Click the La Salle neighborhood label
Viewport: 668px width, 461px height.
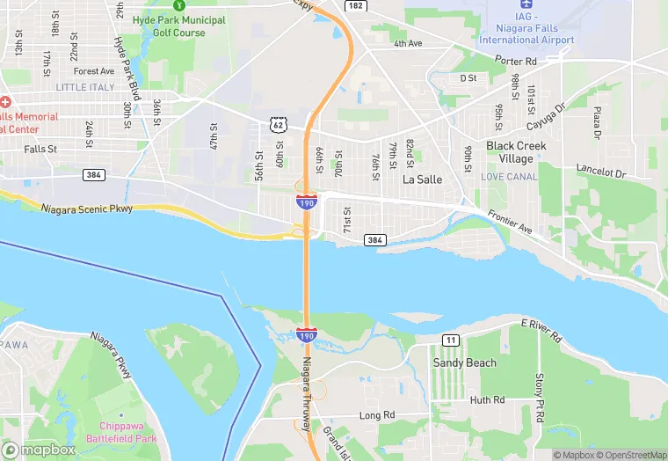point(422,179)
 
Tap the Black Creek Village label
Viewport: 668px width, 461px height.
point(516,152)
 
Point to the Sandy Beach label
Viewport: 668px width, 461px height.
point(464,362)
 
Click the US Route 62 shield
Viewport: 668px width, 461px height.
point(278,125)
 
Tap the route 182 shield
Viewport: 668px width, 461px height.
point(355,5)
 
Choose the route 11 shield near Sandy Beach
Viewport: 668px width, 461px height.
point(451,340)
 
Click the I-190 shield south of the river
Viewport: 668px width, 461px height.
point(307,335)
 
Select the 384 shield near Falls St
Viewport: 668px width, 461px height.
point(95,175)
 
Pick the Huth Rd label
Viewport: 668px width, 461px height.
point(487,399)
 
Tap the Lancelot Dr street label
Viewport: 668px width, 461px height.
point(599,168)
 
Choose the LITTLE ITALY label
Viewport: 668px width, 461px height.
point(85,87)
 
